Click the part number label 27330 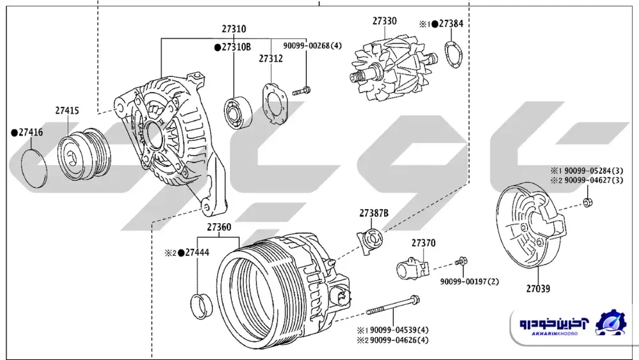pos(384,21)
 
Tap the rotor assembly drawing pos(393,68)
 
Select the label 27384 pos(451,24)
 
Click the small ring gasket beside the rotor pos(454,54)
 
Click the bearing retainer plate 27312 pos(275,103)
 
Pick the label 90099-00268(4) pos(312,45)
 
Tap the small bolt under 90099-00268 pos(301,91)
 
